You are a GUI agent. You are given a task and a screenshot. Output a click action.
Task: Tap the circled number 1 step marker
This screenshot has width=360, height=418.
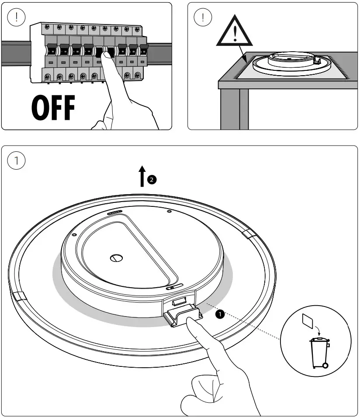[17, 160]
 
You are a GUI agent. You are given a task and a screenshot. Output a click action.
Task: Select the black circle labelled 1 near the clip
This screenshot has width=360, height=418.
[221, 313]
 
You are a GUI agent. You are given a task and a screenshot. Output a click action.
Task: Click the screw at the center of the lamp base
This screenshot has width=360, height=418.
[116, 258]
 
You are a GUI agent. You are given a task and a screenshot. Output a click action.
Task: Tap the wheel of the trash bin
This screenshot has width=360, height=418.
[324, 364]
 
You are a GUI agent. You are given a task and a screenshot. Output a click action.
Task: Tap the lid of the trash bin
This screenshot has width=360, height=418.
[319, 340]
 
